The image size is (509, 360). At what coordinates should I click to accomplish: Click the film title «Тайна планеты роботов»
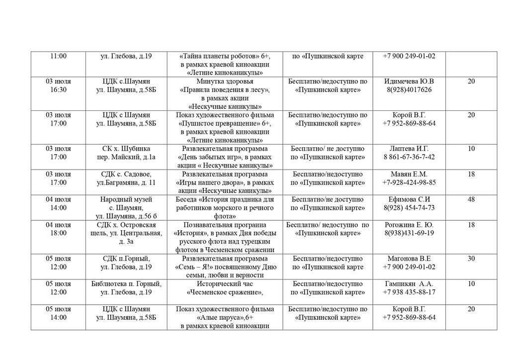219,56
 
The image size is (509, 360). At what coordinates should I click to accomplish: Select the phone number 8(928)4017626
409,90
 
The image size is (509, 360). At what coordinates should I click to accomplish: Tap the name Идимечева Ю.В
409,82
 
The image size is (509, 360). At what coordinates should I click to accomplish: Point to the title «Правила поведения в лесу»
225,90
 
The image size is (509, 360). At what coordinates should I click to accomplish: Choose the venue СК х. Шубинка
126,149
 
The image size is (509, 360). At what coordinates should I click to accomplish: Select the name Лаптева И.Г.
409,149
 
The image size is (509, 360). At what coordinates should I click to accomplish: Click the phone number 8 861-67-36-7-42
409,157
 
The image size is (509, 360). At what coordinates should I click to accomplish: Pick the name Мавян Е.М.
409,174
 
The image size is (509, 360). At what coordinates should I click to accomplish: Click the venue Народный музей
126,199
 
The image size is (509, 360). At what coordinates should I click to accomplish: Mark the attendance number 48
471,199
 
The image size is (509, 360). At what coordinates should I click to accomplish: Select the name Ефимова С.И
409,199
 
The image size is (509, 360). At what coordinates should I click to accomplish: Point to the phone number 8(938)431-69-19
409,233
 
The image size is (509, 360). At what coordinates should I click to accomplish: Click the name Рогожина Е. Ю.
409,225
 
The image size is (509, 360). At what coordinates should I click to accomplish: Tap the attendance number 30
471,259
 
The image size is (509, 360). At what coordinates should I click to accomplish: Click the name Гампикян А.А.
409,284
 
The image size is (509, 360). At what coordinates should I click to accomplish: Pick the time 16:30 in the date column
58,90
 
